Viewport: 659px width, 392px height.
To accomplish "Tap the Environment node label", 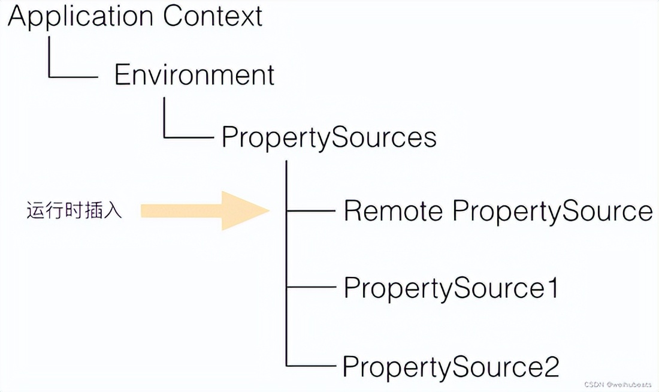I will (194, 76).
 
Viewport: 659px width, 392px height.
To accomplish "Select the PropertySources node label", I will (329, 137).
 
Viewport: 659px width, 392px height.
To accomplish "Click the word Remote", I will (393, 211).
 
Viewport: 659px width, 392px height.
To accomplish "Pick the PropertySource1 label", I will (451, 289).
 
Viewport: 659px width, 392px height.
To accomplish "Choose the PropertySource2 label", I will (451, 366).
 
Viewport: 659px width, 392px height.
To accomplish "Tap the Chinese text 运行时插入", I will (74, 211).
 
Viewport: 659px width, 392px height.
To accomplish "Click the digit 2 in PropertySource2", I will (551, 366).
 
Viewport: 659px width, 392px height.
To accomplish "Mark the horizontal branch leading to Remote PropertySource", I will (312, 211).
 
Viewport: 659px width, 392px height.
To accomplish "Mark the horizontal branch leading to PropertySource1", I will (312, 288).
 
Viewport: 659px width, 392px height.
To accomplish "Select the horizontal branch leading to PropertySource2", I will (312, 365).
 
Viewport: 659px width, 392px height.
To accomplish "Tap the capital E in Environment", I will (122, 76).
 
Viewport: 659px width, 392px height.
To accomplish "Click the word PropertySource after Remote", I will (551, 211).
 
